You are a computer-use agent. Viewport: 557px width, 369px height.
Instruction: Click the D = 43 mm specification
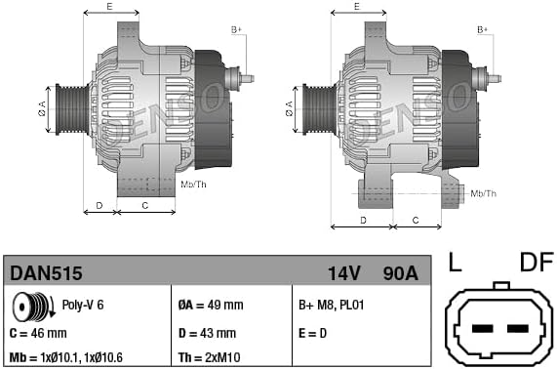[x=209, y=333]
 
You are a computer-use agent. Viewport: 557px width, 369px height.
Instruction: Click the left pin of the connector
[x=478, y=327]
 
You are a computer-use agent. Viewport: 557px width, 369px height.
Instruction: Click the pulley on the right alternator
[x=316, y=105]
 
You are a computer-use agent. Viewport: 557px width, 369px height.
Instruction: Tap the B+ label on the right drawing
[x=482, y=30]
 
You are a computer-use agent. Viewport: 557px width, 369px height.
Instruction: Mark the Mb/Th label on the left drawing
[x=194, y=184]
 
